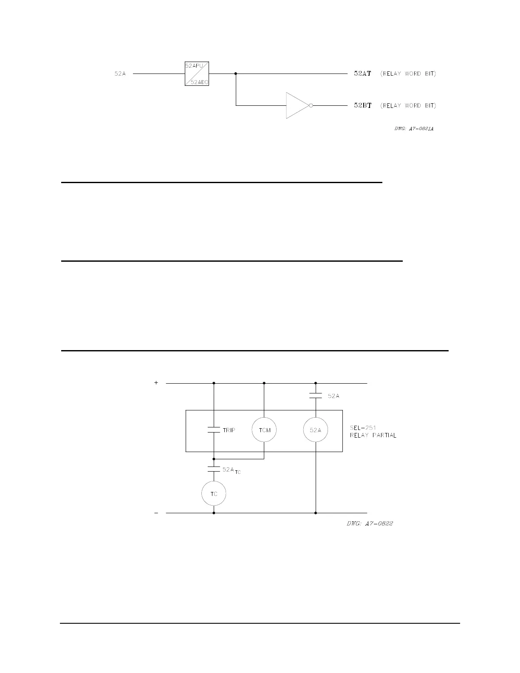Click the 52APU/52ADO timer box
(197, 74)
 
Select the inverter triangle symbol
(297, 105)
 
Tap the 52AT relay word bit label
(362, 74)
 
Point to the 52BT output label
(362, 105)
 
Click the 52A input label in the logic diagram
(120, 74)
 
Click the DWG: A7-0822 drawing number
(370, 523)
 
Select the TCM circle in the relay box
(264, 430)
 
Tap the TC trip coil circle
(214, 494)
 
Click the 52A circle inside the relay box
(316, 430)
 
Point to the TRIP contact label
(229, 430)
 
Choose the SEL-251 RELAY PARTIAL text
(373, 431)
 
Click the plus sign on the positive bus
(156, 383)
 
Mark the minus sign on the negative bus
(156, 513)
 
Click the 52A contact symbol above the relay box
(316, 396)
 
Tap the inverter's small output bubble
(311, 105)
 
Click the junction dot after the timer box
(236, 74)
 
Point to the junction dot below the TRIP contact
(214, 459)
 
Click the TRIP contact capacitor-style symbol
(214, 430)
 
